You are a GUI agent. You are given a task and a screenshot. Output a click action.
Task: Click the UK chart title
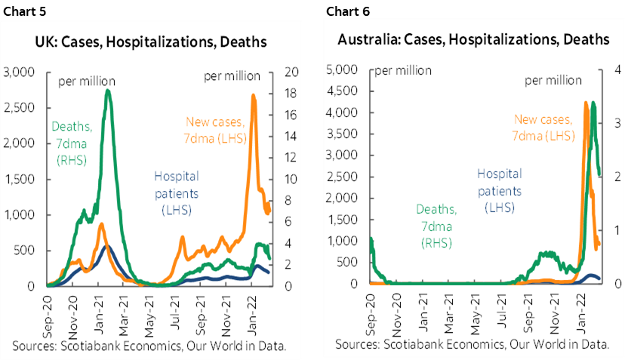pos(152,42)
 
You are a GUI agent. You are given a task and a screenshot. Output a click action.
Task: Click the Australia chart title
pos(473,39)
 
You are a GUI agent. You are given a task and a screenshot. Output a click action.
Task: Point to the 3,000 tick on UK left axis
pos(20,72)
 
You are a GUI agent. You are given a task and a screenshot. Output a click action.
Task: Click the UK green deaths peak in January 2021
pos(108,91)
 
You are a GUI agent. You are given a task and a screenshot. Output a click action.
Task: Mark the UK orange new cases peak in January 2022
pos(253,95)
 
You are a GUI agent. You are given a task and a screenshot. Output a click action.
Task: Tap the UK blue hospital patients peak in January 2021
pos(106,246)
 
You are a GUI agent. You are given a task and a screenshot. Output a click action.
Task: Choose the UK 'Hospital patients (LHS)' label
pos(177,192)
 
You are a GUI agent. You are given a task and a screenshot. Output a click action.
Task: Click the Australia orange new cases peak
pos(586,103)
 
